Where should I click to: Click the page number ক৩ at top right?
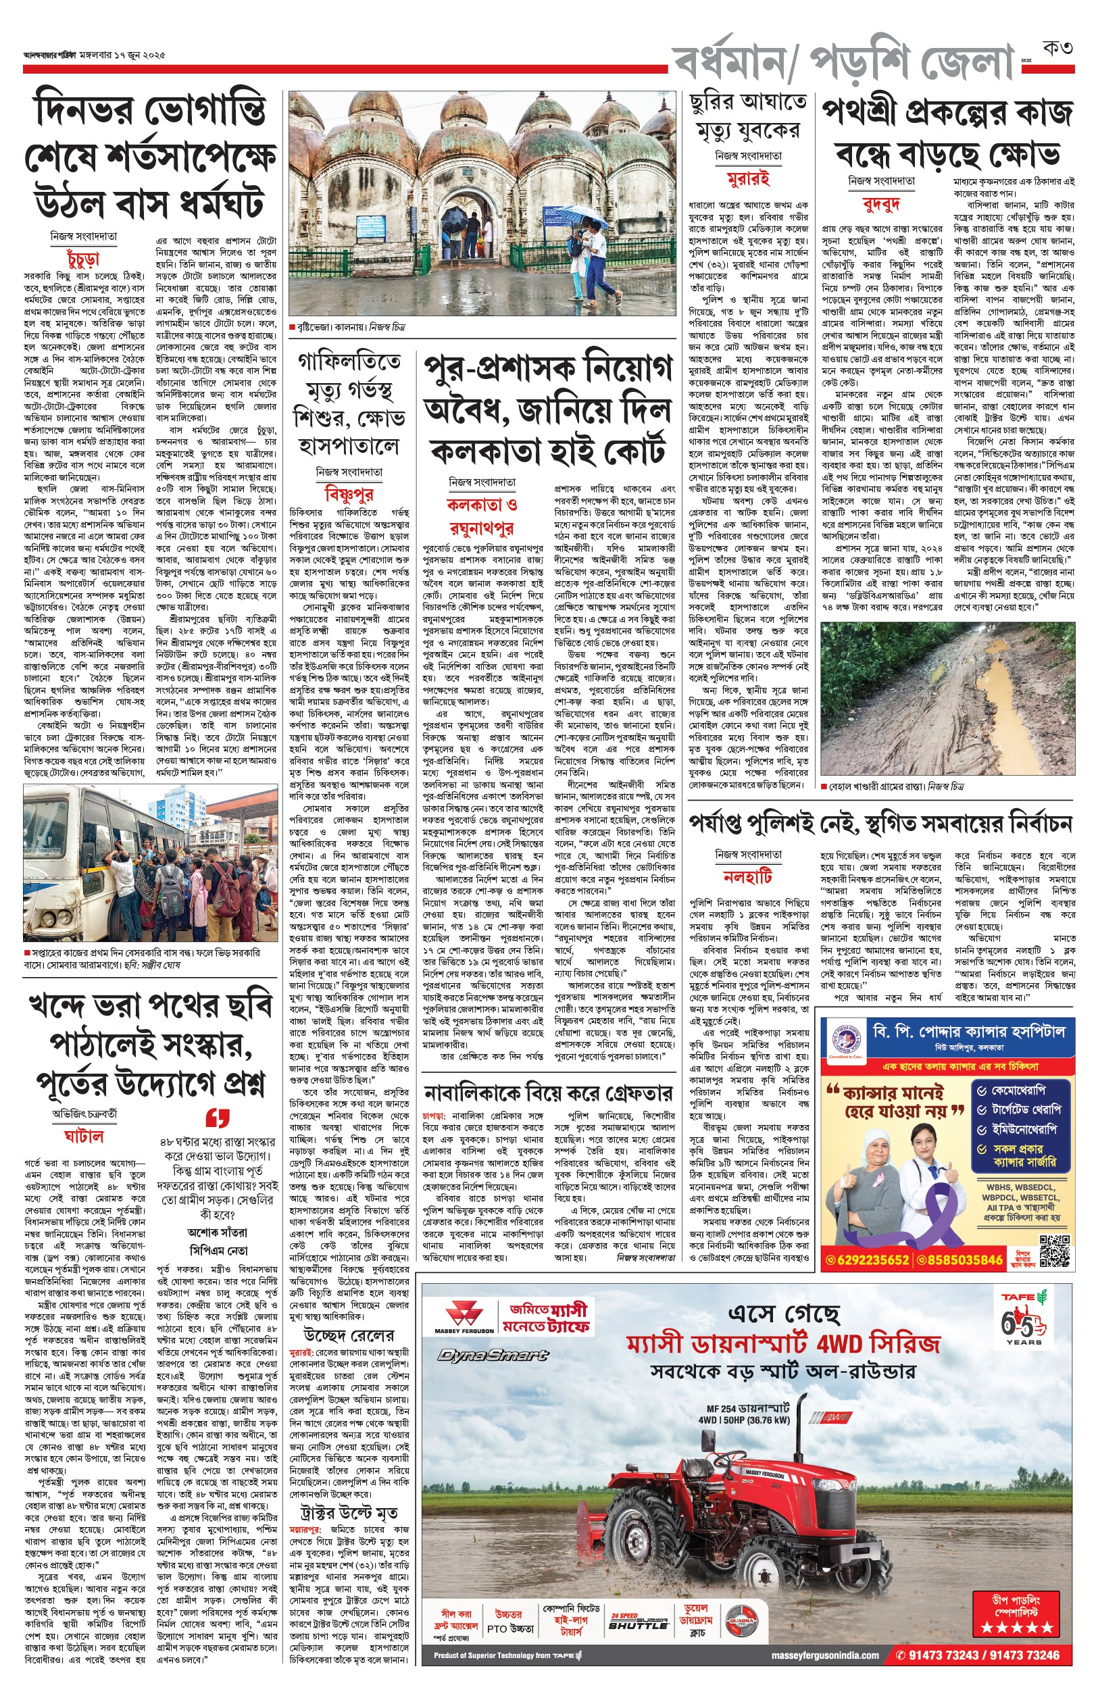(1057, 49)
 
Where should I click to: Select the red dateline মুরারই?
(748, 178)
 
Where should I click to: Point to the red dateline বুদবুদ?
(881, 205)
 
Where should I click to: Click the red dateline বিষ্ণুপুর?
(349, 493)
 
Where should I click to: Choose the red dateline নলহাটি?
(748, 876)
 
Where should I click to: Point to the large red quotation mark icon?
(218, 1117)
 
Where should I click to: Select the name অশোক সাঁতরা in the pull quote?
(218, 1232)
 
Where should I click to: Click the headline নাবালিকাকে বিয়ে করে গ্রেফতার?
(547, 1093)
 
